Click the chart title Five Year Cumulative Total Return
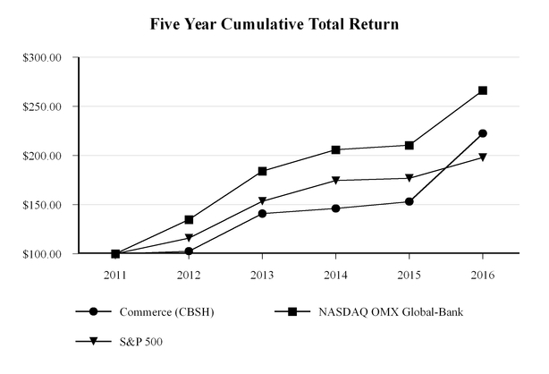tap(274, 23)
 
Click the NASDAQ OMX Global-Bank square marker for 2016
tap(483, 90)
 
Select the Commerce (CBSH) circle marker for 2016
tap(483, 133)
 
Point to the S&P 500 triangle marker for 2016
tap(483, 157)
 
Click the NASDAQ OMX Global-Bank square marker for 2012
tap(189, 219)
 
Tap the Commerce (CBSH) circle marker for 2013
tap(262, 214)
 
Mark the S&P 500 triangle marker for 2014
tap(335, 181)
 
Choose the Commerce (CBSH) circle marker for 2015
tap(410, 201)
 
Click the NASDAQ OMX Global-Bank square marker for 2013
tap(262, 171)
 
